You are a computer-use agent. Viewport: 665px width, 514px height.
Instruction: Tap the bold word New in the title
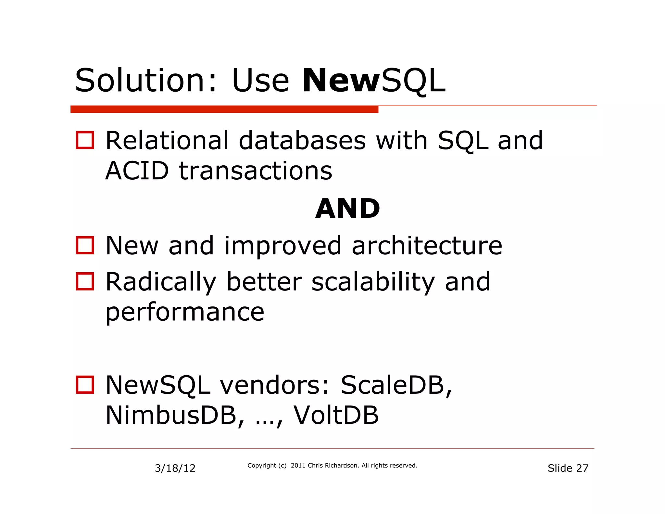click(341, 80)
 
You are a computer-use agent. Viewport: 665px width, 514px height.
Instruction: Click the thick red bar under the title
click(224, 109)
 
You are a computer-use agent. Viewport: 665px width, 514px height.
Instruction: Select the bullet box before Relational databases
click(85, 140)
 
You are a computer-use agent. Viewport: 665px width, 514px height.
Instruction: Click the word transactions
click(256, 171)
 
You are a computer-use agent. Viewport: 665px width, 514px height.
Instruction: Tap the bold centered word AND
click(347, 209)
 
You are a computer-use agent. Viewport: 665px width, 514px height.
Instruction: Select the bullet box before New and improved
click(85, 245)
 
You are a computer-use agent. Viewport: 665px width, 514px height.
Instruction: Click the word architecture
click(427, 246)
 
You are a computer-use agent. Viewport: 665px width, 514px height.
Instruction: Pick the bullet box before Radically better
click(85, 281)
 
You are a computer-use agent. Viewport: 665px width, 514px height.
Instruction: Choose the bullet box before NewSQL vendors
click(85, 385)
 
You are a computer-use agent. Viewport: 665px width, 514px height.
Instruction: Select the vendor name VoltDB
click(336, 416)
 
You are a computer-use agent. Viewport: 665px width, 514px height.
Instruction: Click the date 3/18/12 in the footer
click(175, 468)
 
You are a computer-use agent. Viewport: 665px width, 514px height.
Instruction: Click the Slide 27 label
click(568, 468)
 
